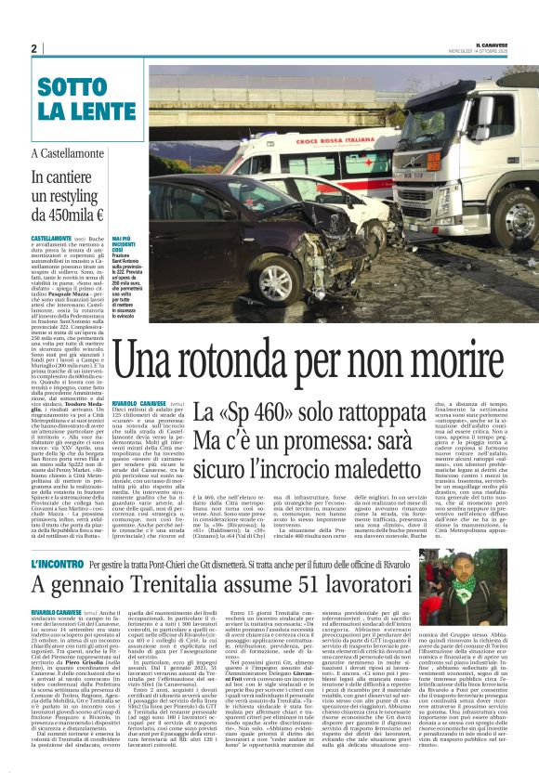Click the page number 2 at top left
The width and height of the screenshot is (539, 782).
(x=33, y=48)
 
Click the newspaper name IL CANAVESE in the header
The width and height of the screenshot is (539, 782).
(x=488, y=45)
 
